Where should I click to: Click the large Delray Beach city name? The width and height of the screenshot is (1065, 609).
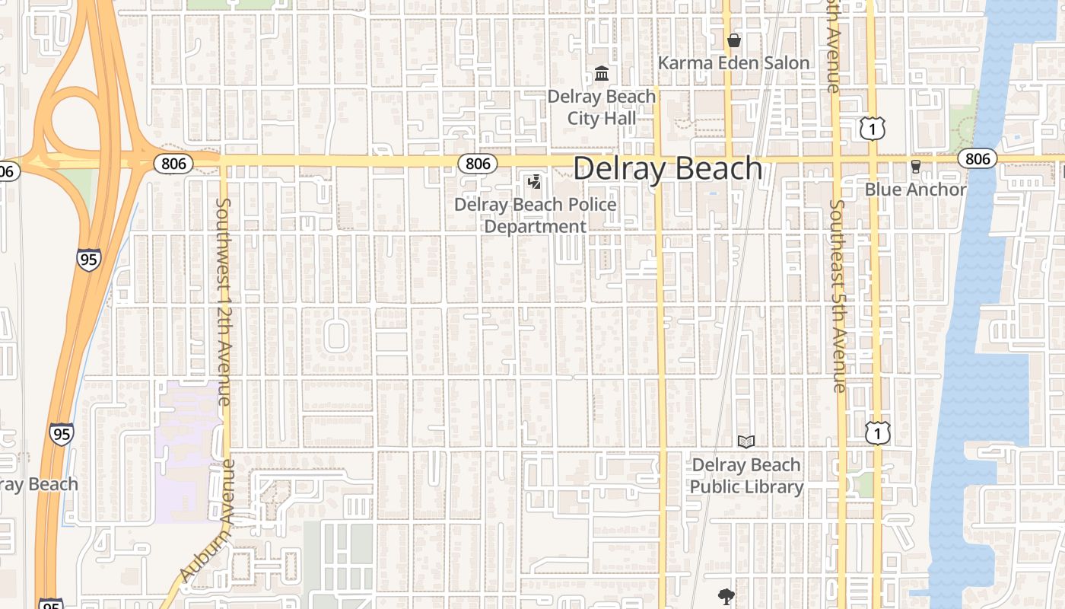coord(667,168)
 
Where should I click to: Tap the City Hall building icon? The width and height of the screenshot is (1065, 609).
coord(602,74)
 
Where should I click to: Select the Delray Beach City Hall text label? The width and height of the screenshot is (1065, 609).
coord(602,107)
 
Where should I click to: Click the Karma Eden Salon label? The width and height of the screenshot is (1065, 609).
coord(733,62)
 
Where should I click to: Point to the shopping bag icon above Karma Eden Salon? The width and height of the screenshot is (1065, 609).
coord(734,40)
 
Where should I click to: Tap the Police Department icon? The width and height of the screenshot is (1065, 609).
coord(535,183)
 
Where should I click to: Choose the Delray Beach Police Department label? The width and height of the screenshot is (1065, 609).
coord(536,215)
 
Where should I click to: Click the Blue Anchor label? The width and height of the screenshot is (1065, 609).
coord(915,190)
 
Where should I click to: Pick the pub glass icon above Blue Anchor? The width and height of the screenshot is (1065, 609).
coord(916,167)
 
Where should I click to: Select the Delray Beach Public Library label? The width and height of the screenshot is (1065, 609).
coord(746,476)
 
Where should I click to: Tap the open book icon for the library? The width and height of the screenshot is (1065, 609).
coord(746,442)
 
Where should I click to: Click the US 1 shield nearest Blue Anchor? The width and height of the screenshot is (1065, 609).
coord(873,129)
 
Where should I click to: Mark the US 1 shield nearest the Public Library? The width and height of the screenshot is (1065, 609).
coord(877,433)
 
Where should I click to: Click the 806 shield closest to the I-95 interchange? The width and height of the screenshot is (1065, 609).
coord(173,163)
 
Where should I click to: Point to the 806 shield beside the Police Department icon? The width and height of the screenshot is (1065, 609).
coord(477,163)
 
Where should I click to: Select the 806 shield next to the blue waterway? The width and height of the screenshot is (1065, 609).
coord(978,158)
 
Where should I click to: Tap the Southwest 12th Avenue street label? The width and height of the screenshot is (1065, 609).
coord(223,301)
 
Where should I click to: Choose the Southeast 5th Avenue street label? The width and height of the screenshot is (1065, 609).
coord(838,296)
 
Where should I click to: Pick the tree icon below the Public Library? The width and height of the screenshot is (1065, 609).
coord(726,596)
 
